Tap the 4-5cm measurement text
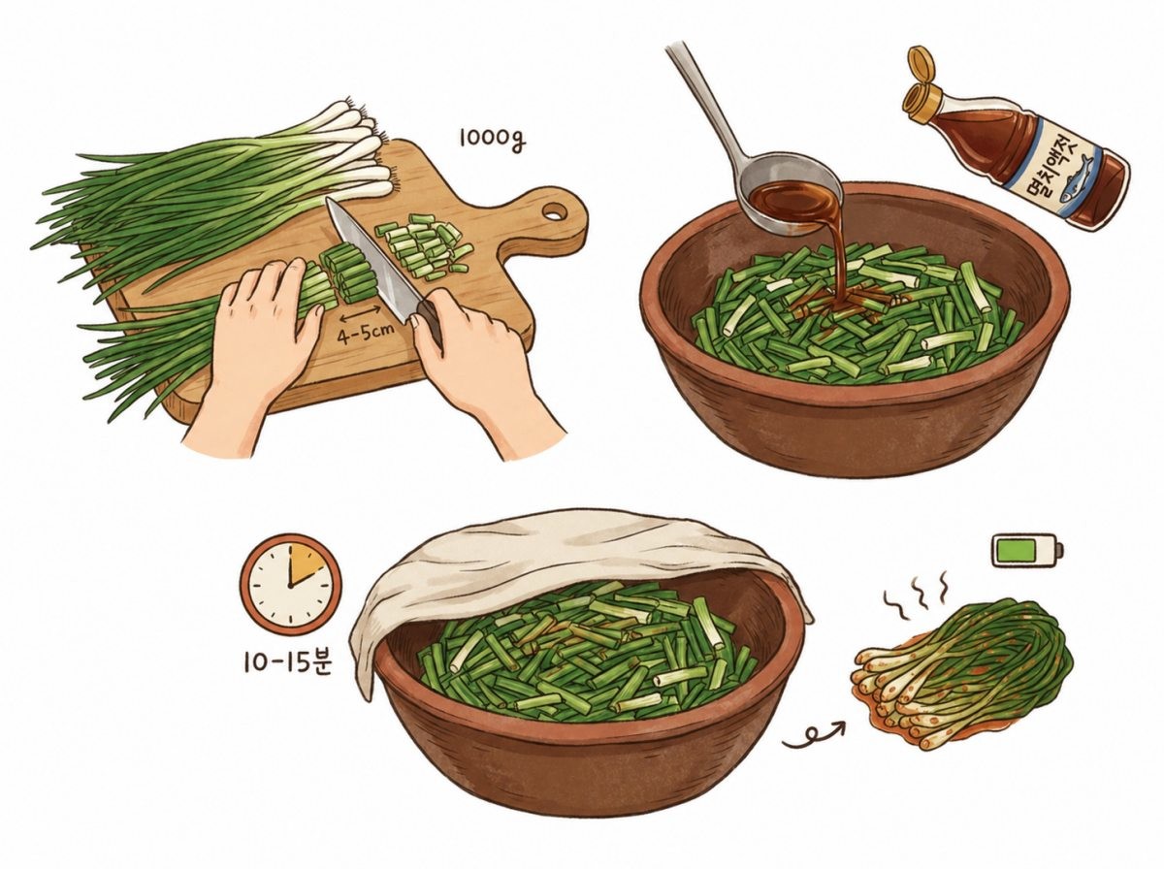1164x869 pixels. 365,337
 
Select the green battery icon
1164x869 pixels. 1026,551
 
